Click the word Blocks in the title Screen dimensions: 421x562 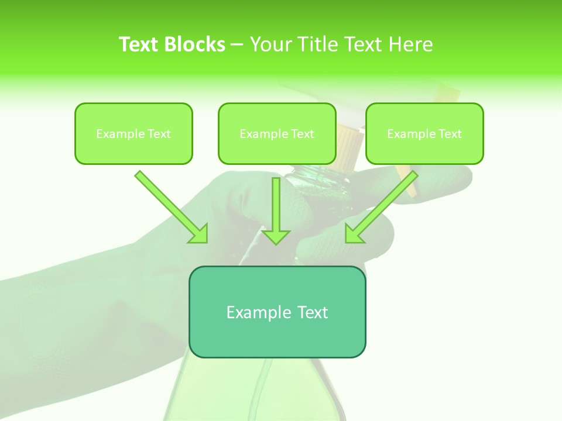[x=196, y=44]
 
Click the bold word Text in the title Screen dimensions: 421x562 [x=140, y=44]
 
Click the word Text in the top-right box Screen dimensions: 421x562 [x=450, y=134]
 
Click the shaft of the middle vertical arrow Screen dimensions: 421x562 [x=276, y=202]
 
